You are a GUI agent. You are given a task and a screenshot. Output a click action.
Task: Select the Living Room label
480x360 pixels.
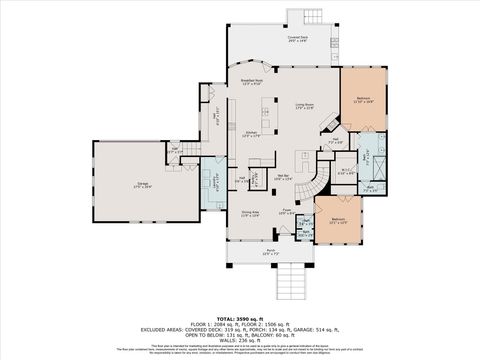(305, 105)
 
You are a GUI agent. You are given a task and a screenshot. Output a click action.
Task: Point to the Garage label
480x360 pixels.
(142, 186)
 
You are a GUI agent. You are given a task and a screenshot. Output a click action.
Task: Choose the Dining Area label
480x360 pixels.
(252, 214)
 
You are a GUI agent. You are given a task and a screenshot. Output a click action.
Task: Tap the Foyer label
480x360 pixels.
(285, 211)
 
